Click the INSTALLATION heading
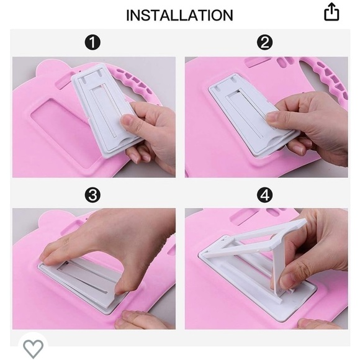tap(179, 16)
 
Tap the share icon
tap(331, 12)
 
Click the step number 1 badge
tap(92, 42)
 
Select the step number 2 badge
tap(264, 42)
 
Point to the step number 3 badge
tap(92, 195)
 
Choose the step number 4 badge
tap(264, 195)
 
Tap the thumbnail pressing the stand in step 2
tap(272, 117)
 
